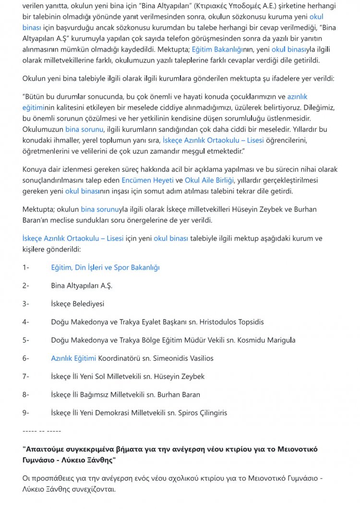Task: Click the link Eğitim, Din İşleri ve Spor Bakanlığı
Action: pyautogui.click(x=105, y=267)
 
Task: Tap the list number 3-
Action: pyautogui.click(x=26, y=304)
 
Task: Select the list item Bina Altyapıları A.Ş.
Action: pyautogui.click(x=82, y=285)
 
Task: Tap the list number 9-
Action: pyautogui.click(x=26, y=413)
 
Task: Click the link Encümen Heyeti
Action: pyautogui.click(x=147, y=180)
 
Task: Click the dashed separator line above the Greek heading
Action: pyautogui.click(x=42, y=431)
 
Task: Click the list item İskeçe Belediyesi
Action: pyautogui.click(x=78, y=304)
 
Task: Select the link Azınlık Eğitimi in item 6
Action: pyautogui.click(x=73, y=358)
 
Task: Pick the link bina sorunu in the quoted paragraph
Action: pyautogui.click(x=84, y=130)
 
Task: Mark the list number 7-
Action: pyautogui.click(x=26, y=377)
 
